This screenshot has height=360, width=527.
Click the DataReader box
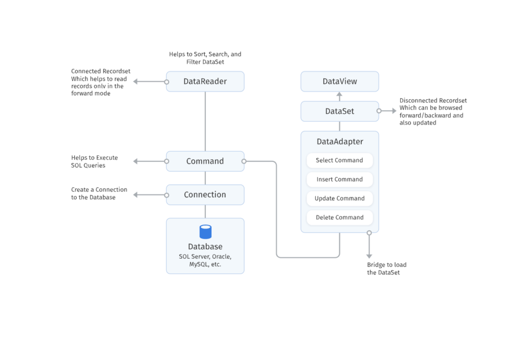point(205,81)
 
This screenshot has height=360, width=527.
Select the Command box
point(205,161)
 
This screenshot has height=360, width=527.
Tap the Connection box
point(205,194)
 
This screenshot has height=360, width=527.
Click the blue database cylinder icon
point(205,232)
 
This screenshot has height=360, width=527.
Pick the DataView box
point(340,81)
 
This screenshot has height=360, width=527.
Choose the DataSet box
point(340,111)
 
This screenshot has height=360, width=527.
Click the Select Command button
point(339,160)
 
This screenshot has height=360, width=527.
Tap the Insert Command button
point(339,179)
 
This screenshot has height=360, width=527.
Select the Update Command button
point(339,199)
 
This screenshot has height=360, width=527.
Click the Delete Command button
point(339,218)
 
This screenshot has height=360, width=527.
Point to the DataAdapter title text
point(340,141)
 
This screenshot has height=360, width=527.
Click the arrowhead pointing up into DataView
point(340,95)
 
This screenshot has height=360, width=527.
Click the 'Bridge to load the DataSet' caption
point(387,268)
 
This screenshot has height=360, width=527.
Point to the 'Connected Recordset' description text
point(99,82)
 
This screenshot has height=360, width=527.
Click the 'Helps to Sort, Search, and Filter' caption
point(205,58)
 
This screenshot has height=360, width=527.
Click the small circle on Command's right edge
point(244,161)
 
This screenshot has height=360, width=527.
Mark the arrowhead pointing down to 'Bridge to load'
point(369,256)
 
